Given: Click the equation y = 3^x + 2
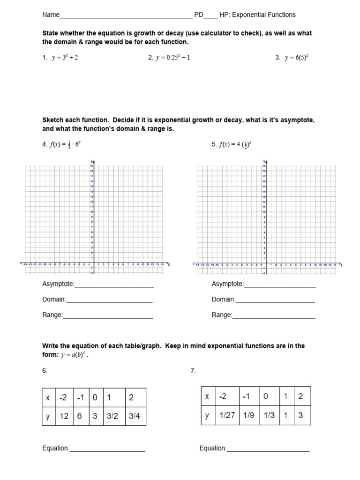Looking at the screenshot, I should tap(68, 58).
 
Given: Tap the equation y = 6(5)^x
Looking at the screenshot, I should tap(296, 58).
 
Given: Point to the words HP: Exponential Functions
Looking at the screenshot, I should tap(257, 15).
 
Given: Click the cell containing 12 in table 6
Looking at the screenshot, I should tap(64, 416).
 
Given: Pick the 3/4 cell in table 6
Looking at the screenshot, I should tap(135, 416).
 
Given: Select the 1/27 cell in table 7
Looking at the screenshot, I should tap(226, 415).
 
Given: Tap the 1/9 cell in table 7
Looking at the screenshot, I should tap(249, 415).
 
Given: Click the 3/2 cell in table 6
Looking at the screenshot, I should tap(112, 416).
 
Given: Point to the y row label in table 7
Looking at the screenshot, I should tap(207, 415).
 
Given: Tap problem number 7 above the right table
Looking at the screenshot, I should tap(193, 371).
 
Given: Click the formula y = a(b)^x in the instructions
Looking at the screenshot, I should tap(74, 355).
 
